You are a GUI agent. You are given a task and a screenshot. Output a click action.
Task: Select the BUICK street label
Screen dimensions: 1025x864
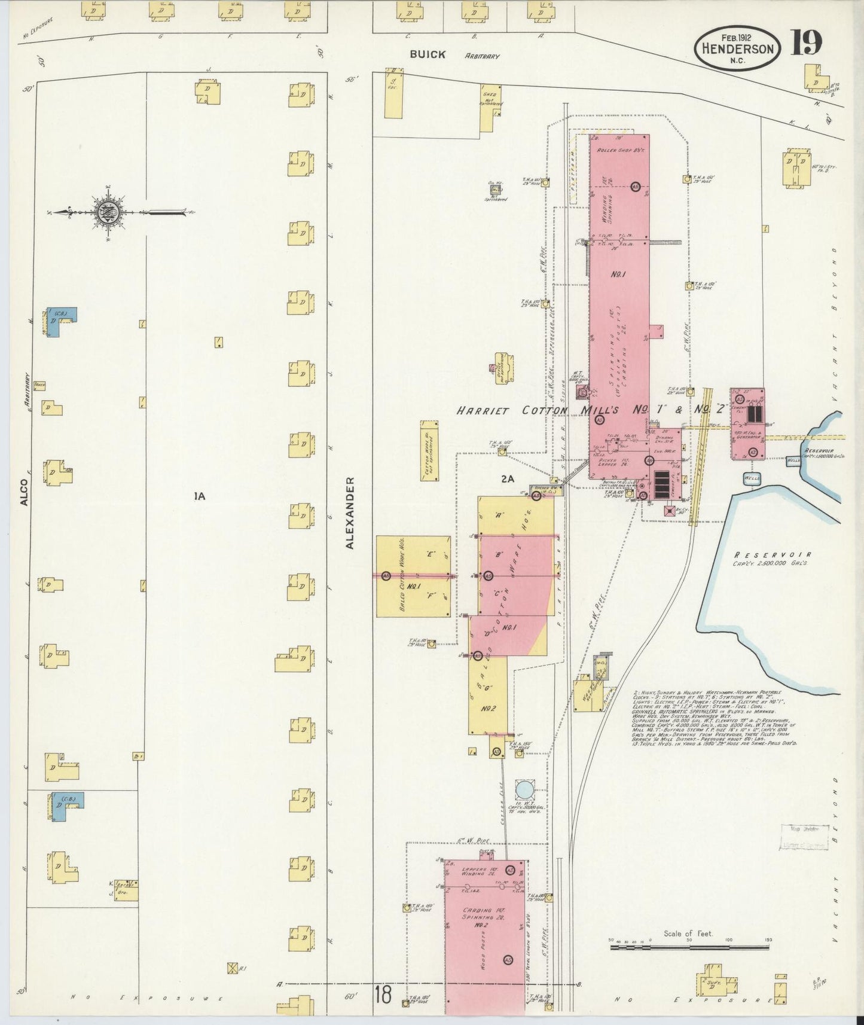point(428,54)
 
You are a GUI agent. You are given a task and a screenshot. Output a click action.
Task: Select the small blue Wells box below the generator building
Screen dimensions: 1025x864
point(752,479)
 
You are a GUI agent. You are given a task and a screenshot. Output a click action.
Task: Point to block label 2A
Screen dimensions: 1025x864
point(508,478)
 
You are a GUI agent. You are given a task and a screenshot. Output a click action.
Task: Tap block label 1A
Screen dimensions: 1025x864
point(199,495)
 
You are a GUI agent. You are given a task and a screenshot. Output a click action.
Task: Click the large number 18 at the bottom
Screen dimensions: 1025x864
point(383,996)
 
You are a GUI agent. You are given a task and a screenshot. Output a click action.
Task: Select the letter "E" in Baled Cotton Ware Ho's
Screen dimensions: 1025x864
point(430,554)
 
